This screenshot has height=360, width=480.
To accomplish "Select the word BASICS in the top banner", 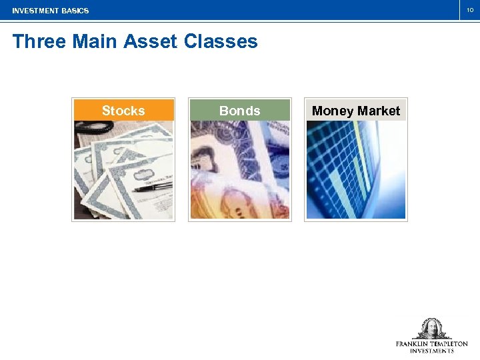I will coord(75,11).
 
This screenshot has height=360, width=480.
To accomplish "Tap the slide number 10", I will coord(469,10).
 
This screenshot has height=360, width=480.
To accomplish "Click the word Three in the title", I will coord(39,41).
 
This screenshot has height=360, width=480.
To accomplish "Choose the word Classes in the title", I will coord(221,41).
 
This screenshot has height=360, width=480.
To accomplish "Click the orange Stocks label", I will coord(123,111).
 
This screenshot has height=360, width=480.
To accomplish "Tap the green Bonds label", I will coord(240,111).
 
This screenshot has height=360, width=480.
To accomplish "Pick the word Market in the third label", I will coord(379,111).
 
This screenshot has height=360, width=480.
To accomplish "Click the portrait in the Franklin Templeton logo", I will coord(431,329).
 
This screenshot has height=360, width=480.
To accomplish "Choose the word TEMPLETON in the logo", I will coord(451,344).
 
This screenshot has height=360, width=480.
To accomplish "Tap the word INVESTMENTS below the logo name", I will coord(431,351).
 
